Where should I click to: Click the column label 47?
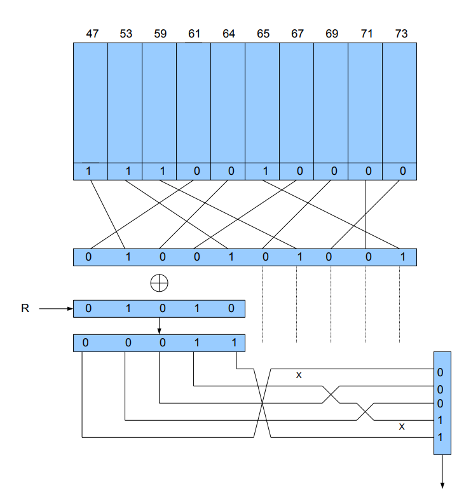pyautogui.click(x=92, y=34)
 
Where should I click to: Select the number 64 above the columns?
pyautogui.click(x=229, y=34)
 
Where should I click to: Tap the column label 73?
pyautogui.click(x=400, y=34)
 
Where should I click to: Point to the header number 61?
pyautogui.click(x=195, y=34)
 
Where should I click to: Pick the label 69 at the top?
pyautogui.click(x=332, y=34)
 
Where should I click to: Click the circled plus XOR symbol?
pyautogui.click(x=159, y=283)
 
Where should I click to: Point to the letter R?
pyautogui.click(x=25, y=309)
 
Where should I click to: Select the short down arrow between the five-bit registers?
pyautogui.click(x=160, y=325)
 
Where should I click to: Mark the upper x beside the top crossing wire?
pyautogui.click(x=298, y=376)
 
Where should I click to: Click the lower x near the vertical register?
pyautogui.click(x=401, y=426)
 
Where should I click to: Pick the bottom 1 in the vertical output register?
pyautogui.click(x=440, y=437)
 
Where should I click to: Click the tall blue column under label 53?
pyautogui.click(x=125, y=102)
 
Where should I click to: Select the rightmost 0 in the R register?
pyautogui.click(x=231, y=309)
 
